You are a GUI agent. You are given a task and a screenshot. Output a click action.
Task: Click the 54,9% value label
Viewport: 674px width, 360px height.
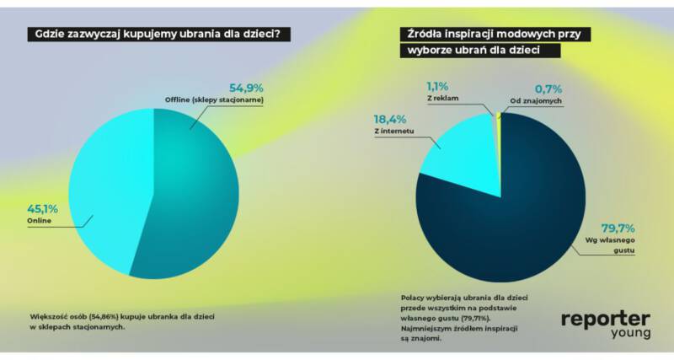point(248,87)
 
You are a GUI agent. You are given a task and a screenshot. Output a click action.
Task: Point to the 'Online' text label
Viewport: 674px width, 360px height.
point(40,220)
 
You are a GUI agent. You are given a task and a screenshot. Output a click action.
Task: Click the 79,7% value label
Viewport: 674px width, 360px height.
point(618,228)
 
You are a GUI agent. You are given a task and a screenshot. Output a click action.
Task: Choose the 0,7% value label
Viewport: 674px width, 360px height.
point(548,87)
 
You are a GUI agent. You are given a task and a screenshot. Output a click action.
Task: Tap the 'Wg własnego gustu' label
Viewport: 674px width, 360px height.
point(611,246)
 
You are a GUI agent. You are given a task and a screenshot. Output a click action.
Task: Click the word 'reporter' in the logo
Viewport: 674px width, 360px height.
point(605,318)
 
